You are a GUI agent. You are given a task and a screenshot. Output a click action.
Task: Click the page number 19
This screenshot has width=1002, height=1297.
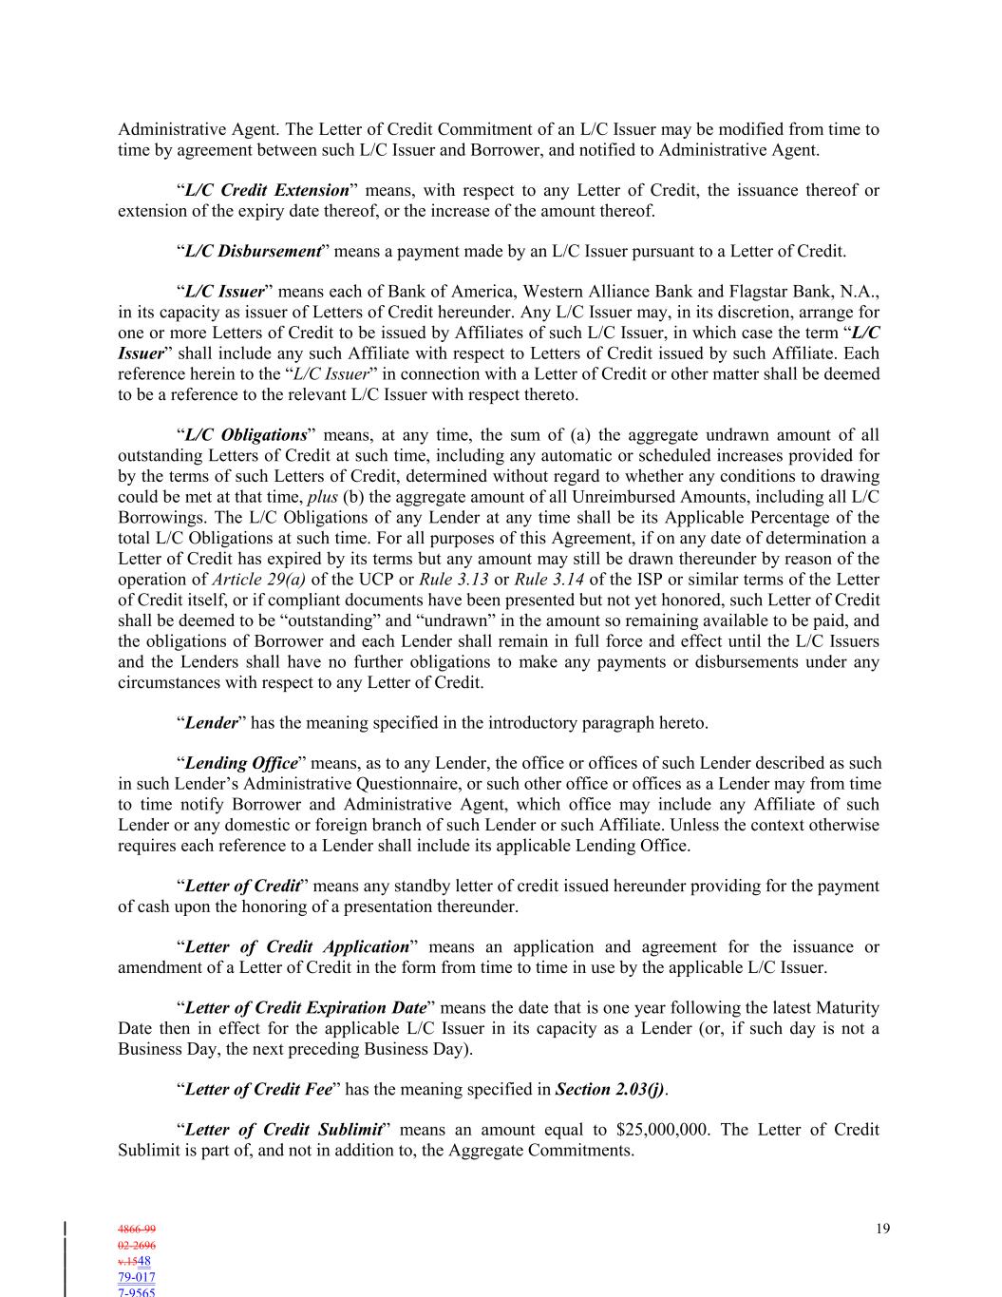[x=882, y=1229]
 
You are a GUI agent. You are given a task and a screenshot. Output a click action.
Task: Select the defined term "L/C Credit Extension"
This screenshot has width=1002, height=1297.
[x=267, y=190]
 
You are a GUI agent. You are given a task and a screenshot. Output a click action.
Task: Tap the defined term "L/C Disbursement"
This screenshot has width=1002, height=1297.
[x=253, y=251]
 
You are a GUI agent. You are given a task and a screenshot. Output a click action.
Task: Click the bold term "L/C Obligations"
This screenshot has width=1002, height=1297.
[x=245, y=435]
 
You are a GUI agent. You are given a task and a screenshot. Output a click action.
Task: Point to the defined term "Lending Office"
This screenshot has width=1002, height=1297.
[x=241, y=763]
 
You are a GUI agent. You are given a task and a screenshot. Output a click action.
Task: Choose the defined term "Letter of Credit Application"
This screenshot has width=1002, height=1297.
[x=296, y=946]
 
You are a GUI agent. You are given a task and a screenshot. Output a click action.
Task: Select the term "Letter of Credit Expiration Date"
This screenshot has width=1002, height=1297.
[x=305, y=1007]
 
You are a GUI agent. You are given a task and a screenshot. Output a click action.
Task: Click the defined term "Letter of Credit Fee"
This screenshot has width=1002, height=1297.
[x=258, y=1089]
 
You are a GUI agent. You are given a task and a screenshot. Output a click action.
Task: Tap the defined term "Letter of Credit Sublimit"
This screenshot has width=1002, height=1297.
[x=283, y=1130]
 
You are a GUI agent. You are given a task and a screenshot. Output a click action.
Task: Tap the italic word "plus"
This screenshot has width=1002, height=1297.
[x=323, y=497]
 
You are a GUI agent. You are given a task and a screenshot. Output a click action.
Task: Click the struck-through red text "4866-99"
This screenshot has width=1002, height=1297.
[x=137, y=1230]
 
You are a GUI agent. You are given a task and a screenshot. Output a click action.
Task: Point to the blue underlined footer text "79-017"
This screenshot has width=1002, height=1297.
[x=137, y=1277]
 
